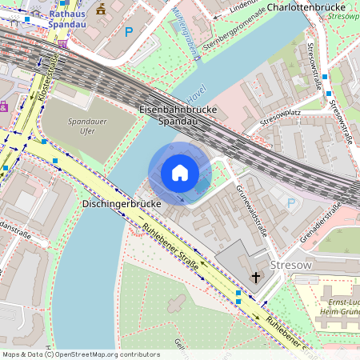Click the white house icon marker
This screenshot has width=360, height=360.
[180, 173]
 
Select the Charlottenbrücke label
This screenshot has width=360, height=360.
[305, 6]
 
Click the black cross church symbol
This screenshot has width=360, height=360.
[256, 278]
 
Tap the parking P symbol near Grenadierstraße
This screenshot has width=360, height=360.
[290, 203]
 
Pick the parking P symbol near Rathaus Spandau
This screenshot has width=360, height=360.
[129, 32]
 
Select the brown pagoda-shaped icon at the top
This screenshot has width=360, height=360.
[102, 9]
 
